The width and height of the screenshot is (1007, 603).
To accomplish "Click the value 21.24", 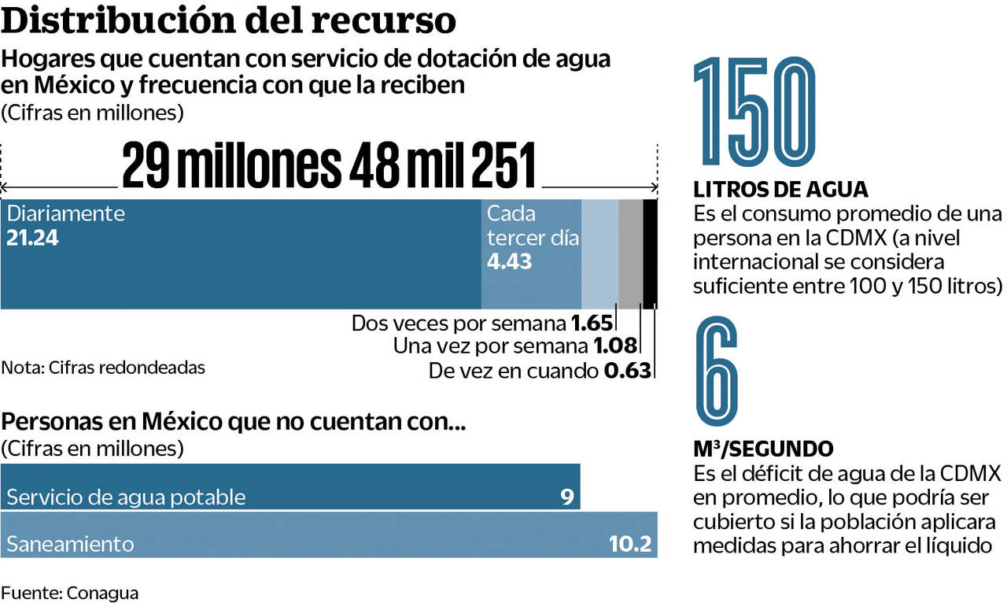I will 32,238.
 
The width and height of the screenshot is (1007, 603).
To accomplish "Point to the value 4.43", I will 509,261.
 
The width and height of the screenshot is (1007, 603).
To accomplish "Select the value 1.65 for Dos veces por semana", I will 591,323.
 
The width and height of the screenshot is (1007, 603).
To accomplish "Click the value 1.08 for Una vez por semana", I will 613,346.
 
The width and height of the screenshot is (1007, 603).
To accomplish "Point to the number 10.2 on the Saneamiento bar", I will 630,544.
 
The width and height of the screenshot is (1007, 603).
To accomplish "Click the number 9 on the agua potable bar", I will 566,497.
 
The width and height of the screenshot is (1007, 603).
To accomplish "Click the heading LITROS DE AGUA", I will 780,190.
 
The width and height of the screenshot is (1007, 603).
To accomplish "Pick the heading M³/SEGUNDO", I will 763,449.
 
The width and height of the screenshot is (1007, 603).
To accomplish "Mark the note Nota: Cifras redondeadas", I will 103,367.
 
